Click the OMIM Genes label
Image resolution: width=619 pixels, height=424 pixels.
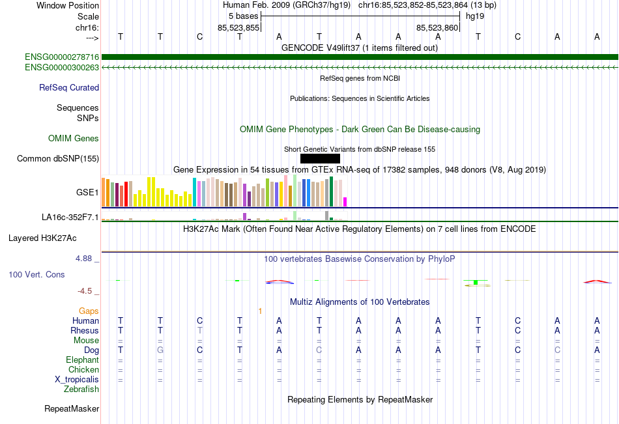(74, 138)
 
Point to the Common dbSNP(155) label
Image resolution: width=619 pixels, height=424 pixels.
(58, 158)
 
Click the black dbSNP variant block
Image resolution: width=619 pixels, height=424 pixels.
(320, 158)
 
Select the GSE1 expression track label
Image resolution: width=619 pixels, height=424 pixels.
(87, 193)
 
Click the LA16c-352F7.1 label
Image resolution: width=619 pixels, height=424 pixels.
(70, 218)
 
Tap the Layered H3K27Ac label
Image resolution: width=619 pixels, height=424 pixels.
(54, 238)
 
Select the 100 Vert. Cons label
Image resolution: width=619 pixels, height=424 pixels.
(36, 275)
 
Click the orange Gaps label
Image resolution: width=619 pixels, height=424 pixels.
(89, 311)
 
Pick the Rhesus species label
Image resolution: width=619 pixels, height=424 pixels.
(85, 330)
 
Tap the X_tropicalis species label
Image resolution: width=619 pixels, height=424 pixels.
(77, 379)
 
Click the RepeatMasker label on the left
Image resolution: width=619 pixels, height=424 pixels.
(72, 409)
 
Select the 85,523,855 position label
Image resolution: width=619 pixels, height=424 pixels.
(238, 27)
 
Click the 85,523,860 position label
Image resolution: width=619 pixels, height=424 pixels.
(437, 27)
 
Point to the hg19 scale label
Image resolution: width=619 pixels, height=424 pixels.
(474, 16)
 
